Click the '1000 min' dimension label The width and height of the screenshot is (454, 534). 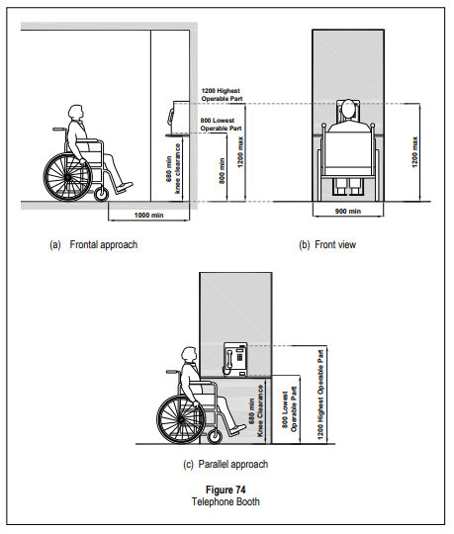tap(148, 216)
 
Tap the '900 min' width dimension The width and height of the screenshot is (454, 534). tap(348, 212)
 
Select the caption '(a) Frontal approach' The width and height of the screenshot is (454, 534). tap(94, 245)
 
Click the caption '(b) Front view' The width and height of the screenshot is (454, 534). tap(327, 245)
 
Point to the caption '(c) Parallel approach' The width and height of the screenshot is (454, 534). tap(226, 464)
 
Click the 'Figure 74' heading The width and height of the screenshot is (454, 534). tap(226, 489)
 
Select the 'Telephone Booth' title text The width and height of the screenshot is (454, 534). tap(226, 501)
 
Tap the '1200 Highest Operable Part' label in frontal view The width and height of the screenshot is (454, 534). tap(222, 95)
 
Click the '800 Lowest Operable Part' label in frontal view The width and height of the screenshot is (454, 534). tap(221, 125)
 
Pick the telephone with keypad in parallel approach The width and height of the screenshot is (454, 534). tap(235, 360)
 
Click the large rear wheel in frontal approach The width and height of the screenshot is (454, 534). tap(68, 177)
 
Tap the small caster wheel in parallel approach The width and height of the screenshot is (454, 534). tap(215, 437)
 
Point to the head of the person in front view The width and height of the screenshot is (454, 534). tap(348, 109)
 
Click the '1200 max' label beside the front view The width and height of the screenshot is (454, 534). tap(414, 152)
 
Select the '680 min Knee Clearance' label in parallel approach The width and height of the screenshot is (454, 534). tap(256, 410)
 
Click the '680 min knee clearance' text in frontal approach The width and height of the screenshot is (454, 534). tap(173, 169)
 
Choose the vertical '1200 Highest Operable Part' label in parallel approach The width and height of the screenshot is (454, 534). tap(320, 395)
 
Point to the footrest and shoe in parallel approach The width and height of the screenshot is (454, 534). tap(237, 430)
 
